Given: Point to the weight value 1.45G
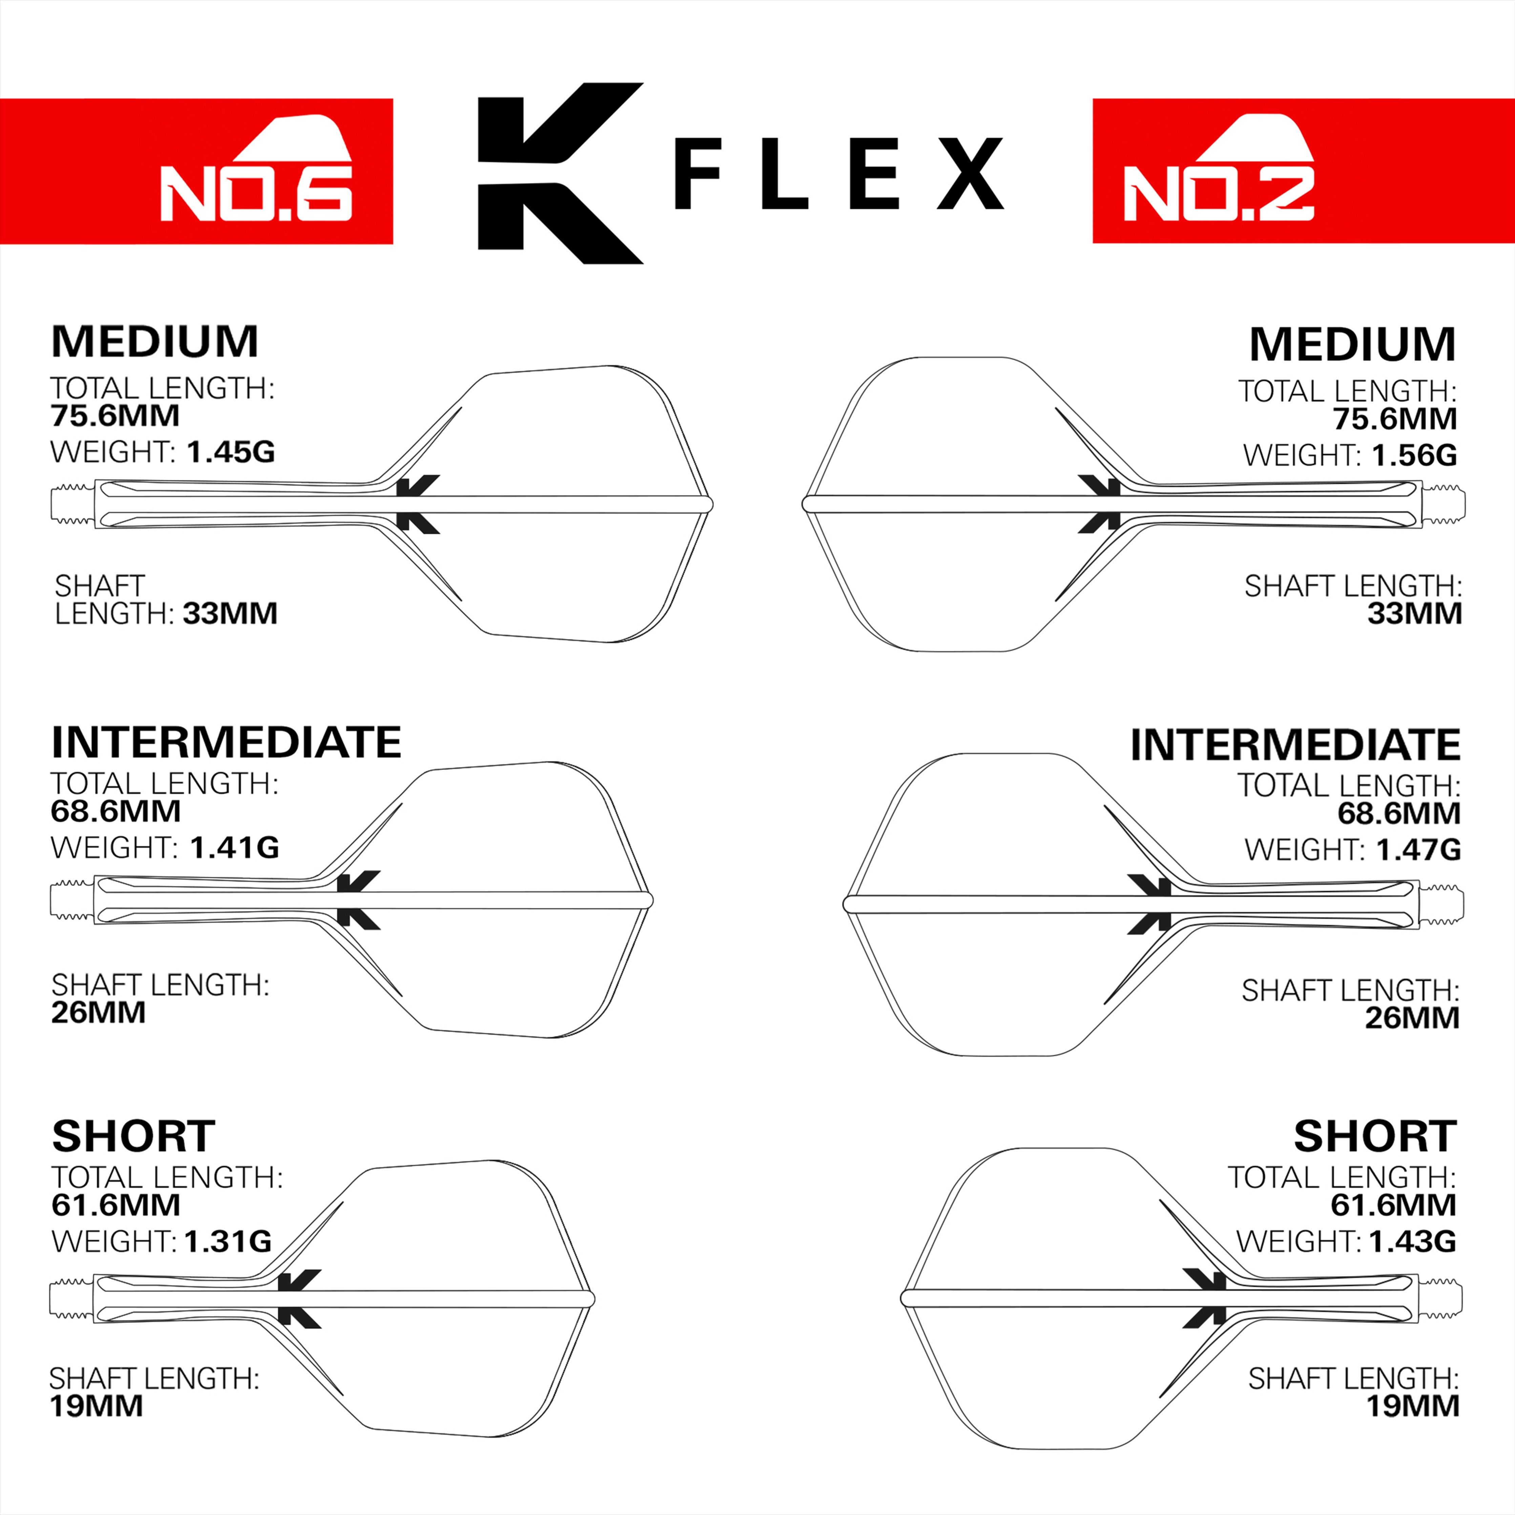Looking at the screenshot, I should pyautogui.click(x=231, y=452).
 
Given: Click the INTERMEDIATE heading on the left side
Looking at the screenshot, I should pyautogui.click(x=226, y=742).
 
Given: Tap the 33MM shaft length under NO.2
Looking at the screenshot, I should pyautogui.click(x=1414, y=613).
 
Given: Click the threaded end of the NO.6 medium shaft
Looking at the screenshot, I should pyautogui.click(x=72, y=503).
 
